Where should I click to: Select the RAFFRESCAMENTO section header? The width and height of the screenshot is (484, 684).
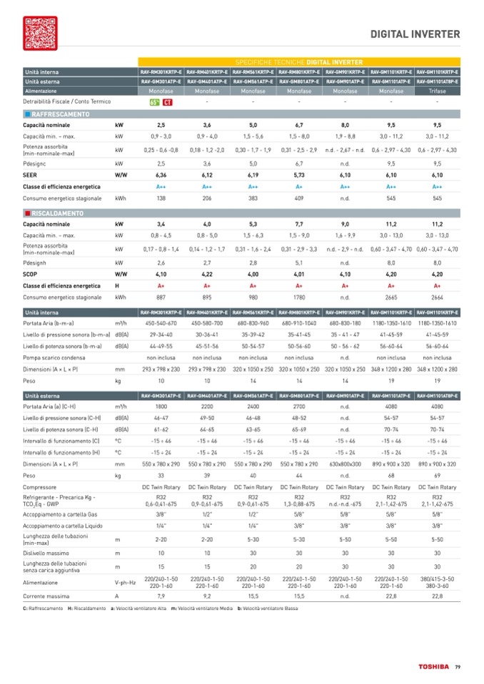coord(60,114)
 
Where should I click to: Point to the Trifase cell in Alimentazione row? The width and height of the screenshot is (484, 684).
coord(437,92)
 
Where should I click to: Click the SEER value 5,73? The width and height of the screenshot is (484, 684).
coord(299,174)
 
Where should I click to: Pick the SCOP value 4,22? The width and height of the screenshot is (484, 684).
coord(207,273)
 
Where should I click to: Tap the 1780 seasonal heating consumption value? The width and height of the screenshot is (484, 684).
coord(299,298)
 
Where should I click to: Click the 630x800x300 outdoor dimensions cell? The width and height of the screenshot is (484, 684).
coord(345,464)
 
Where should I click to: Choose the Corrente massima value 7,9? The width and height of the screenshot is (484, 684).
coord(161,595)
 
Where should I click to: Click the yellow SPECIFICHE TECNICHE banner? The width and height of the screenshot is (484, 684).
coord(298,63)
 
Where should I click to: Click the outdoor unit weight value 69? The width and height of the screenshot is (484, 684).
coord(437,475)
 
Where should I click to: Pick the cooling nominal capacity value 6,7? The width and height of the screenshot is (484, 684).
coord(299,125)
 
